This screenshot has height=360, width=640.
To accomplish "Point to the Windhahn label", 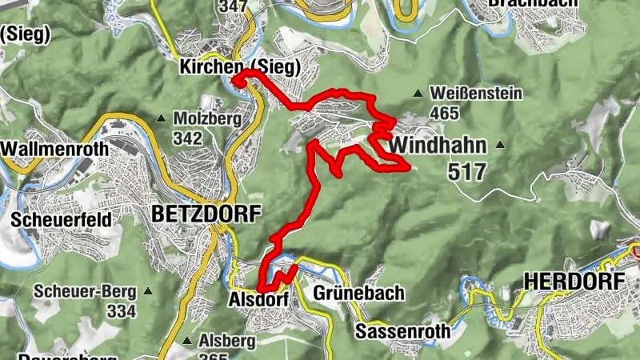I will pos(439,146).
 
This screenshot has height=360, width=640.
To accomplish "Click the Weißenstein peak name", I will pos(475,94).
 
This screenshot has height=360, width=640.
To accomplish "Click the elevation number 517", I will pos(466,171).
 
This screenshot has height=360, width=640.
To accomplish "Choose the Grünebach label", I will pos(359,293).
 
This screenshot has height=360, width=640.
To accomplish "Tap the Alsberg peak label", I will pos(227,340).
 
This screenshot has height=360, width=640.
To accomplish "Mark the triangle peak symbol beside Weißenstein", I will pos(417,94).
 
